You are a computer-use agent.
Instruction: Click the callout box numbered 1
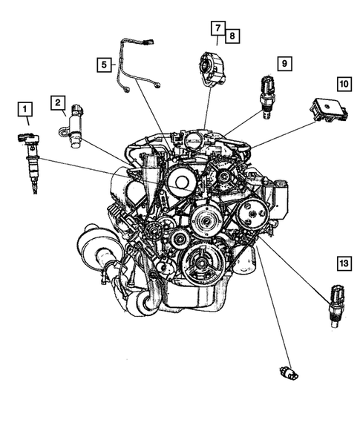[25, 112]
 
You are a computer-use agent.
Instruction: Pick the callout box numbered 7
[217, 28]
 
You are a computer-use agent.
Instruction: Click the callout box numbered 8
[232, 36]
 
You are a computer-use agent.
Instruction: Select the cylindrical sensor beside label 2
[77, 128]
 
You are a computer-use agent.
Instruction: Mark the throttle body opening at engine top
[192, 139]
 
